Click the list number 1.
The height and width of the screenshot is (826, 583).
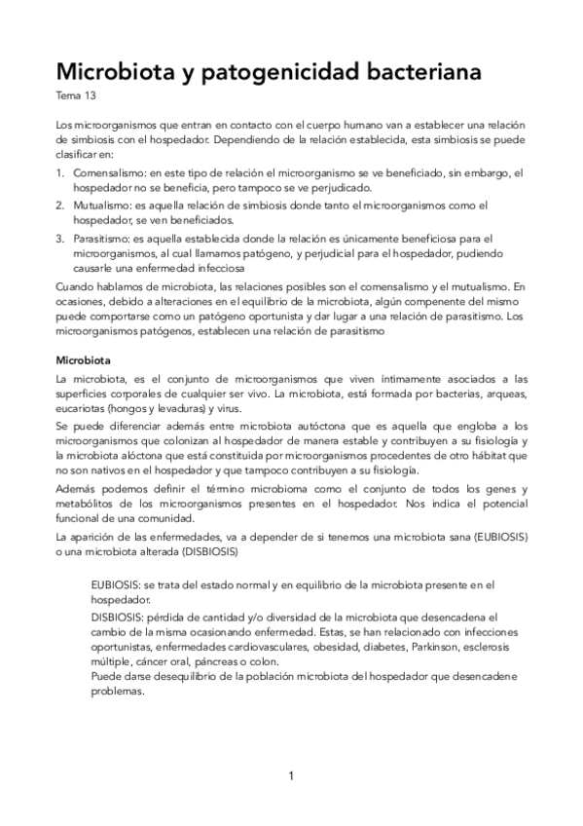click(x=60, y=172)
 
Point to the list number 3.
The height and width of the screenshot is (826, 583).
click(x=60, y=239)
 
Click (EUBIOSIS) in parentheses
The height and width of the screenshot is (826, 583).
click(x=492, y=537)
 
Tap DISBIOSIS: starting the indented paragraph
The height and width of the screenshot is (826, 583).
click(x=119, y=617)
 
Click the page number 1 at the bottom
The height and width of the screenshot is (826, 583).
click(x=291, y=776)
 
